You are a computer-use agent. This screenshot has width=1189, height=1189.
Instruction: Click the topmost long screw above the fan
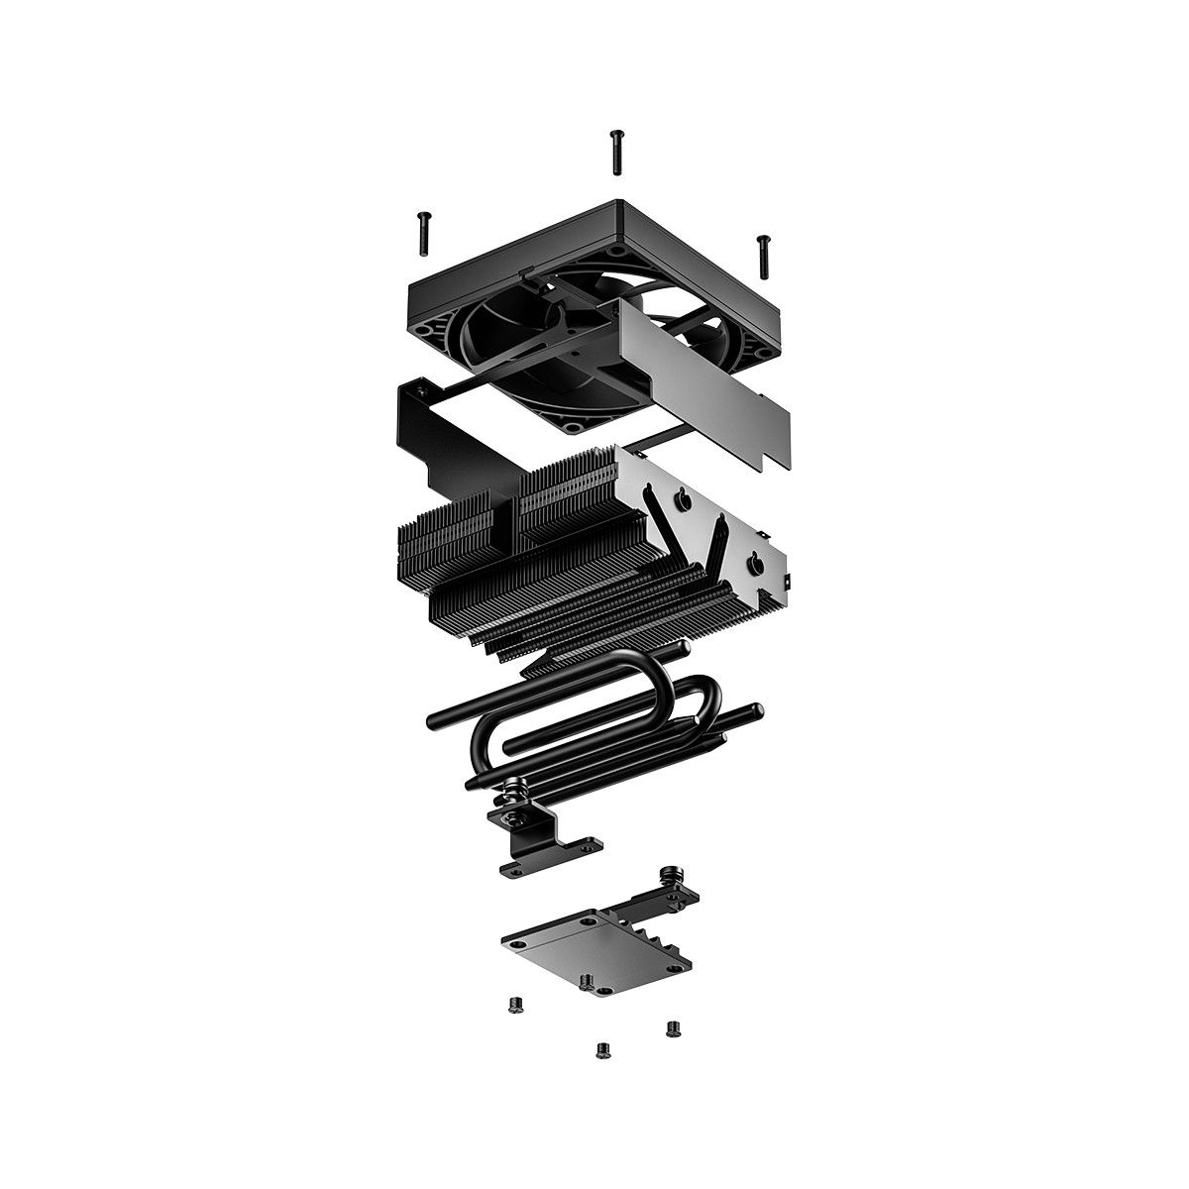(x=615, y=151)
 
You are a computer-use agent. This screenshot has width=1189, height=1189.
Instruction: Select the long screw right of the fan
(x=763, y=256)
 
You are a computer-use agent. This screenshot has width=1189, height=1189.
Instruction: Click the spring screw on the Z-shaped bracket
(x=514, y=793)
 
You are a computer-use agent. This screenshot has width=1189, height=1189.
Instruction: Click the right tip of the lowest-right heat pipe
(x=758, y=709)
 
